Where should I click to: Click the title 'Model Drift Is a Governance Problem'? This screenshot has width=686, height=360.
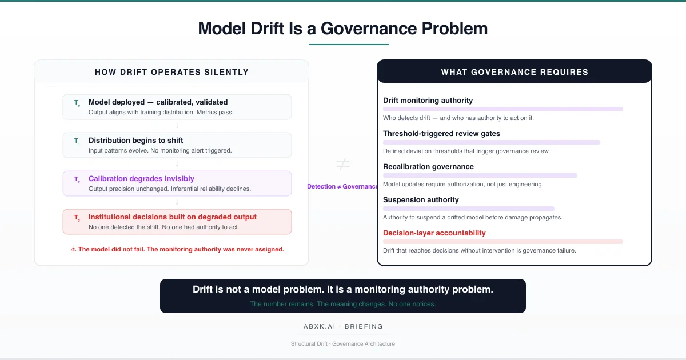click(x=343, y=29)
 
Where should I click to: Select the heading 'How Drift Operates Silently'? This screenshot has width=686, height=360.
click(x=171, y=72)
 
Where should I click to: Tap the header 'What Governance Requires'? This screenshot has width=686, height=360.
click(x=514, y=72)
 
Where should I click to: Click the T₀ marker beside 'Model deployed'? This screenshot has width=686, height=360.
click(x=77, y=103)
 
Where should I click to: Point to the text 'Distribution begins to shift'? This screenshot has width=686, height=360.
click(x=135, y=141)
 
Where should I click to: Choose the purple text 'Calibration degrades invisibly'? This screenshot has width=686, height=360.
click(x=141, y=179)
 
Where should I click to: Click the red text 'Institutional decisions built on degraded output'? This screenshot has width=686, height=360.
click(x=173, y=217)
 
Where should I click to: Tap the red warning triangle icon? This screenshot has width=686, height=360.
click(x=73, y=249)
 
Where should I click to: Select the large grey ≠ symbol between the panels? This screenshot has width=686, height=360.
click(x=342, y=165)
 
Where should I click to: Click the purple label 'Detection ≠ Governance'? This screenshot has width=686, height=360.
click(x=342, y=187)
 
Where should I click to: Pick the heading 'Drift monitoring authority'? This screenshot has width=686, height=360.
click(x=428, y=101)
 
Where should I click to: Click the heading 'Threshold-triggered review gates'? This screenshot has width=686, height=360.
click(x=441, y=134)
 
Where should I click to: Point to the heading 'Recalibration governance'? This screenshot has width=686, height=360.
click(x=428, y=167)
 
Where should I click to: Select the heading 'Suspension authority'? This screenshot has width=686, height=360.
click(x=421, y=200)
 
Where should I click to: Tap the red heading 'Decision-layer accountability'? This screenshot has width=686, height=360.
click(x=434, y=233)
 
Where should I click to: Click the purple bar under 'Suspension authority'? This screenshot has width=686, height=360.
click(x=469, y=209)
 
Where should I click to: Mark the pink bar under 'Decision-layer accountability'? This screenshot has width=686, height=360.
click(x=503, y=242)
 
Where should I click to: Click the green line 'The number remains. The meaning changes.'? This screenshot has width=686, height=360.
click(x=342, y=304)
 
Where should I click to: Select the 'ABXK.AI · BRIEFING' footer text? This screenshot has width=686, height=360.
click(x=343, y=326)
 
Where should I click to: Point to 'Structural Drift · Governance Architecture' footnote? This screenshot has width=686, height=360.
click(x=343, y=344)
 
